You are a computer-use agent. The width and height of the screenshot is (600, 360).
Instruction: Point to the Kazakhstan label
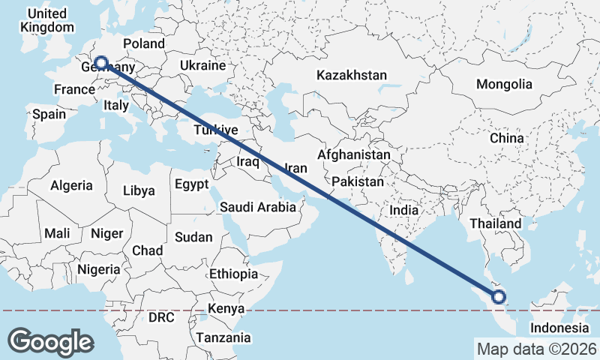351,76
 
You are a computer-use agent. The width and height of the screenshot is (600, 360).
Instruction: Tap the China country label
506,139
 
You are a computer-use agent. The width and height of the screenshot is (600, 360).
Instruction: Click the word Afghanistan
353,154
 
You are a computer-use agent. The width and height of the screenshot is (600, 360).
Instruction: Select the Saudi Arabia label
258,207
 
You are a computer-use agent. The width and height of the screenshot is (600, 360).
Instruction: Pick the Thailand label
495,223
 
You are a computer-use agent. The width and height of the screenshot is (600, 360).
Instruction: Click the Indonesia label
559,328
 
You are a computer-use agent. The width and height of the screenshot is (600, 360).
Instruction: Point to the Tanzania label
223,338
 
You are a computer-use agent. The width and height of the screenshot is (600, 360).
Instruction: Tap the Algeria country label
72,185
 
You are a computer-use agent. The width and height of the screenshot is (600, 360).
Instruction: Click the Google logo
51,341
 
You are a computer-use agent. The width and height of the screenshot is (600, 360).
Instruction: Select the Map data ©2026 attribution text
536,349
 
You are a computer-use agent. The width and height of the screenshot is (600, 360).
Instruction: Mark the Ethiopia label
234,274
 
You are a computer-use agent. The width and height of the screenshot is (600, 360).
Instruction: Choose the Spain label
49,115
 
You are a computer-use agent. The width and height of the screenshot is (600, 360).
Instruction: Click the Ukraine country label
202,66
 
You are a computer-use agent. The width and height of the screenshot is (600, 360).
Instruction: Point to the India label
404,211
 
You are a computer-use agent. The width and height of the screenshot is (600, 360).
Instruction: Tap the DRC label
161,318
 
